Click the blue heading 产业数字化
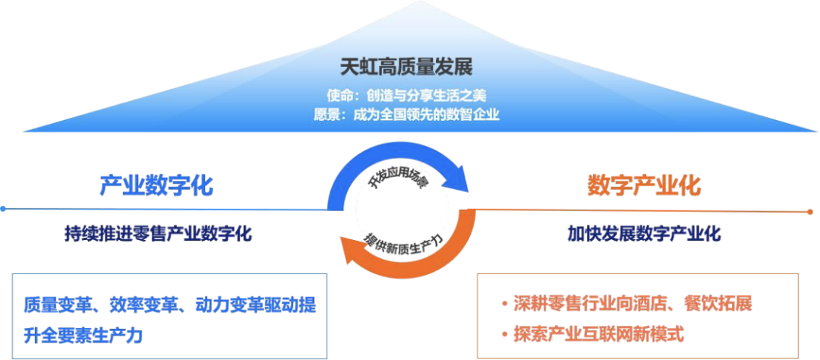(156, 185)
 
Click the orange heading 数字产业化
(644, 185)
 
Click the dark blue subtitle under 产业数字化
(158, 232)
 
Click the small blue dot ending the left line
(3, 208)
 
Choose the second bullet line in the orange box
(599, 333)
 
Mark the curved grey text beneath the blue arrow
(400, 178)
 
